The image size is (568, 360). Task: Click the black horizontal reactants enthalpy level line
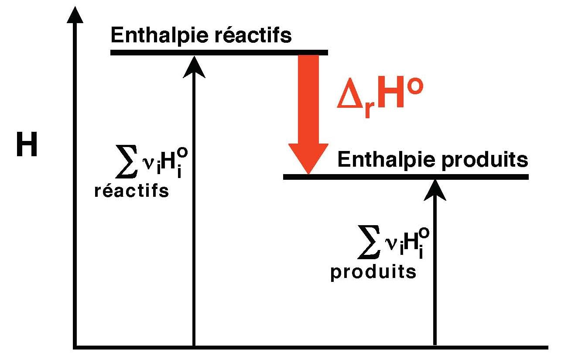click(x=218, y=53)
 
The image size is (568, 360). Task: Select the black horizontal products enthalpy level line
click(x=406, y=177)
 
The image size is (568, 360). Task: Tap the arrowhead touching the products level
click(x=435, y=190)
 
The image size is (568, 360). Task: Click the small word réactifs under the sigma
click(x=131, y=192)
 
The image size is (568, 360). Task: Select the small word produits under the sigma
click(x=373, y=272)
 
